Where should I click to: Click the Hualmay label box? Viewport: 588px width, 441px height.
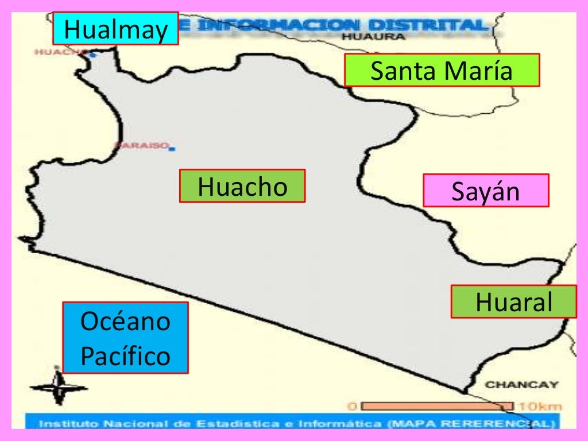pos(115,29)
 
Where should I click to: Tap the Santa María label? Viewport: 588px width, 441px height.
pos(442,71)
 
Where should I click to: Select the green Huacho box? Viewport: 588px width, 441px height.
pos(242,186)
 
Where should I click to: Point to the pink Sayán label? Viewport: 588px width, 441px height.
pos(486,191)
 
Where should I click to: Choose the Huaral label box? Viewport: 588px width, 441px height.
pos(513,301)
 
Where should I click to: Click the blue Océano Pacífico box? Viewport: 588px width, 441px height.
pos(125,338)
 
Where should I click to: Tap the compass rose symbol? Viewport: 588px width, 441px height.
pos(58,388)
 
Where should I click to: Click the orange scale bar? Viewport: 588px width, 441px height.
pos(437,406)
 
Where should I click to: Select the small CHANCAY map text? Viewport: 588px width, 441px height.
pos(521,385)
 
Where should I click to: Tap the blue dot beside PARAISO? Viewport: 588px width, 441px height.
pos(172,149)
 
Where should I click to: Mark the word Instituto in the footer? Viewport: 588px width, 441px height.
pos(61,424)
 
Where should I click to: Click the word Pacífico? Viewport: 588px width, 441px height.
pos(125,356)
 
